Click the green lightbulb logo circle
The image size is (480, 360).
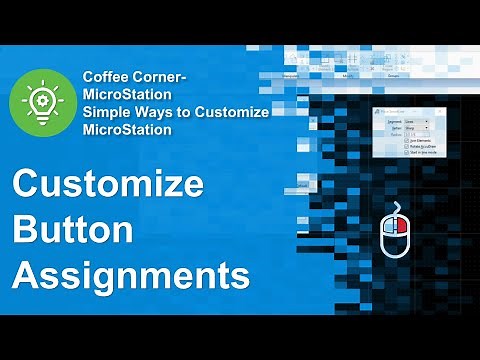click(x=39, y=102)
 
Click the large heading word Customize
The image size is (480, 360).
click(x=107, y=186)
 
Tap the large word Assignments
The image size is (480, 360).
click(x=130, y=272)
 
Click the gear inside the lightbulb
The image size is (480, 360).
click(x=39, y=99)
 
